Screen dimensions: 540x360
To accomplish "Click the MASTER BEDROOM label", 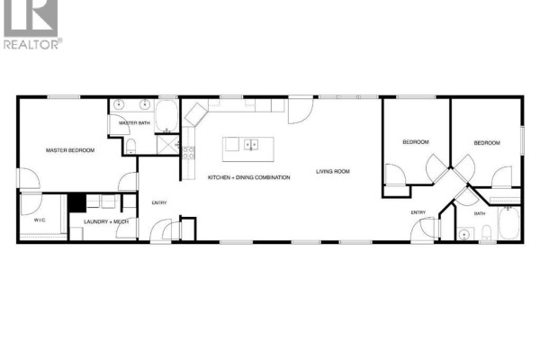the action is click(70, 150).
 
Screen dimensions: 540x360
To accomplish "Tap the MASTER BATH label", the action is click(134, 123).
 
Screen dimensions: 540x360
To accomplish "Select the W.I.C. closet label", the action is click(40, 220).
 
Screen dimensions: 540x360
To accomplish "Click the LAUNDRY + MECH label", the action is click(106, 222).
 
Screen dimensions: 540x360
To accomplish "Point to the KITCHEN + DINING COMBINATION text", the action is click(249, 177).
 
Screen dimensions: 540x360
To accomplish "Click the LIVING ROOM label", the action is click(333, 171).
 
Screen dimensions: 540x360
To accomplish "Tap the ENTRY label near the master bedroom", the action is click(159, 202).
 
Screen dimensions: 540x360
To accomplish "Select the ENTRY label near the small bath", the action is click(418, 212).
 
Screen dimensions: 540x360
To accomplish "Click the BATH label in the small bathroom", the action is click(480, 213).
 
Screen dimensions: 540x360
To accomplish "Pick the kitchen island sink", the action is click(251, 145).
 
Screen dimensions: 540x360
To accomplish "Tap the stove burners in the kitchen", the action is click(188, 153).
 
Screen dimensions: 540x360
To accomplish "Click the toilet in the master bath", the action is click(130, 146).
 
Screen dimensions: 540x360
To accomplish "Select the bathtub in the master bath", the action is click(166, 116).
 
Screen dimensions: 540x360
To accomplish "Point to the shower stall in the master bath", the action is click(168, 144).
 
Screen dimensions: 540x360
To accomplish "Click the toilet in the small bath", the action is click(486, 232).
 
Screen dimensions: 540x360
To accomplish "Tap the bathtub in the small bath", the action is click(509, 223).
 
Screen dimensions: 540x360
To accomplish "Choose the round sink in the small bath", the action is click(464, 235).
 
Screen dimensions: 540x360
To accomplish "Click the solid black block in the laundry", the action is click(76, 203).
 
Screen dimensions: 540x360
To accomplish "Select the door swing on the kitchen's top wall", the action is click(301, 111).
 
